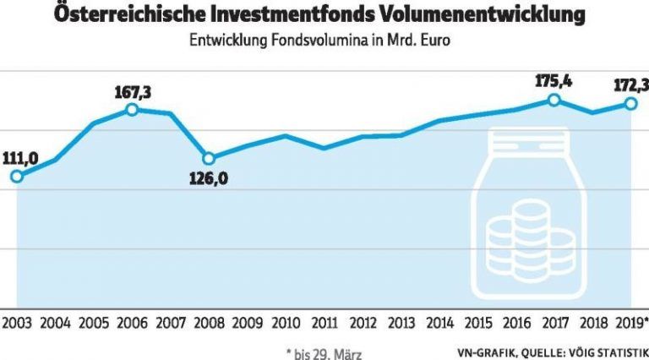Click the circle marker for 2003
pos(16,176)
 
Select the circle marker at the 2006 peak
pos(132,109)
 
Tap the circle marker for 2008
pos(209,158)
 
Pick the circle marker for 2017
pos(554,100)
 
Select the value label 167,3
pos(132,90)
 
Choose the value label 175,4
pos(554,81)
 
